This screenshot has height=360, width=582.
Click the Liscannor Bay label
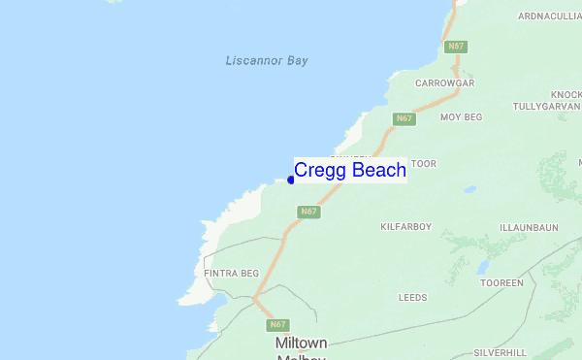pyautogui.click(x=266, y=61)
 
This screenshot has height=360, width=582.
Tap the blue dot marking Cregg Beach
pyautogui.click(x=291, y=180)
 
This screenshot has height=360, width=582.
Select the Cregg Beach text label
pyautogui.click(x=350, y=171)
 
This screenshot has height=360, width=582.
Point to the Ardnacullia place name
pyautogui.click(x=549, y=16)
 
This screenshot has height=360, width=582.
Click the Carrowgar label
pyautogui.click(x=444, y=83)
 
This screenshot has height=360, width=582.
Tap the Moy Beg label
pyautogui.click(x=461, y=117)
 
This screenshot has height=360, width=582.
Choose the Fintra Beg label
pyautogui.click(x=231, y=275)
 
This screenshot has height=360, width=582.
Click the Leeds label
pyautogui.click(x=412, y=296)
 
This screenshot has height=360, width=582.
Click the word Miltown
pyautogui.click(x=301, y=344)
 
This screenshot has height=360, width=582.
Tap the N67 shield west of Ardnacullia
pyautogui.click(x=456, y=46)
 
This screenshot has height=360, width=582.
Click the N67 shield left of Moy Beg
pyautogui.click(x=404, y=118)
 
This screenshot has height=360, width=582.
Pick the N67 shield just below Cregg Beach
pyautogui.click(x=308, y=211)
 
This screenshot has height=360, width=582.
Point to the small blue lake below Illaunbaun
pyautogui.click(x=482, y=267)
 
